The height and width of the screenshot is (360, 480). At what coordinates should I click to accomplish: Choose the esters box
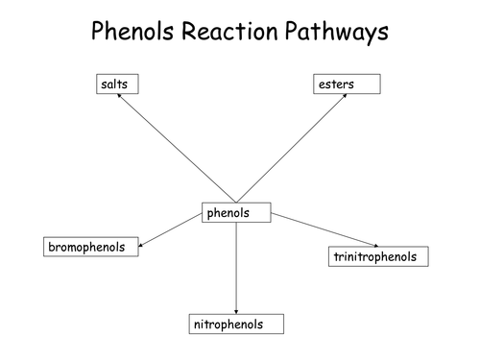pyautogui.click(x=348, y=84)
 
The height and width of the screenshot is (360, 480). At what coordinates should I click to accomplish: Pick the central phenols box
pyautogui.click(x=236, y=212)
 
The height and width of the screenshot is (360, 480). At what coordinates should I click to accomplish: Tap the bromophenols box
pyautogui.click(x=90, y=248)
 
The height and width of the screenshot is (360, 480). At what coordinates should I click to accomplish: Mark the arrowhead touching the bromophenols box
pyautogui.click(x=143, y=246)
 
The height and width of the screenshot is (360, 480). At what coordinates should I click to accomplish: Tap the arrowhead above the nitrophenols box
pyautogui.click(x=236, y=309)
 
